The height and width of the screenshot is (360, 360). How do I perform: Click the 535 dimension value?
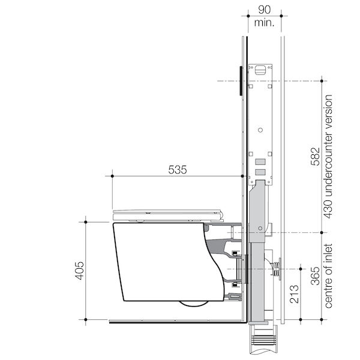177,169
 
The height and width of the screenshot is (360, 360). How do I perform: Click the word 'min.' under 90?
263,23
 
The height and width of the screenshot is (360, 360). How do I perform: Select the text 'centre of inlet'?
329,275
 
